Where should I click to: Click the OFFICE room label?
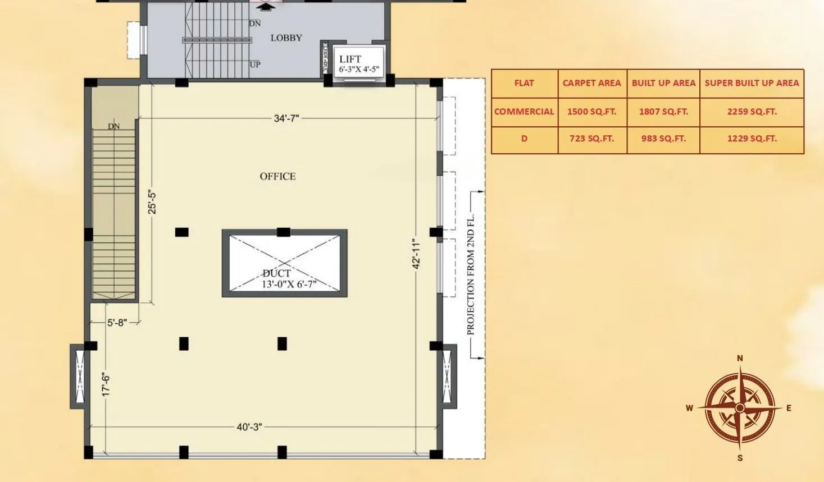[x=277, y=176]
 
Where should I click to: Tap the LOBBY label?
[x=286, y=38]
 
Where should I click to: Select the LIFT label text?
[x=350, y=59]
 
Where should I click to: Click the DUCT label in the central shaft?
[x=276, y=273]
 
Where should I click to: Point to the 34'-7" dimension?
[x=286, y=118]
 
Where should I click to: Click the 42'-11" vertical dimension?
[x=416, y=254]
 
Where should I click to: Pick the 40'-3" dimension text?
[x=249, y=427]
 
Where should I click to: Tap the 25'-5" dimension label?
[x=152, y=203]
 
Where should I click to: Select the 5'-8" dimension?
[x=117, y=323]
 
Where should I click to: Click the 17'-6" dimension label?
[x=106, y=384]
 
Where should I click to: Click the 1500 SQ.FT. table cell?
[x=591, y=112]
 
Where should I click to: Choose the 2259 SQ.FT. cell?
[x=752, y=112]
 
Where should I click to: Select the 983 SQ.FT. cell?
[x=663, y=139]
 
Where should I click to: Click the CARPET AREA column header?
[x=591, y=83]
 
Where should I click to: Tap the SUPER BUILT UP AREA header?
[x=752, y=83]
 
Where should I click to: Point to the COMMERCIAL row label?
[x=524, y=112]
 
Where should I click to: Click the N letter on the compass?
[x=740, y=358]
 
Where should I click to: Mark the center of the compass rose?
[x=740, y=408]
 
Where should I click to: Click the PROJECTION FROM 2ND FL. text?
[x=471, y=274]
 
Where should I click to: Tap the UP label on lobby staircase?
[x=255, y=65]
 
